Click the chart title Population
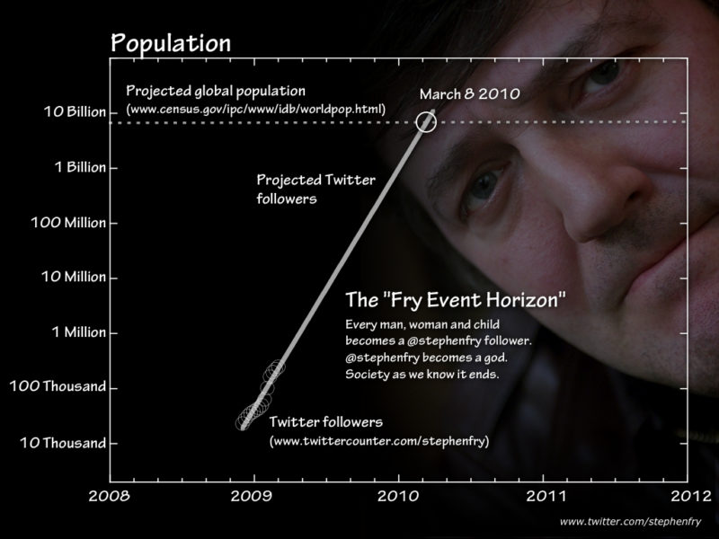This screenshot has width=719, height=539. pos(171,43)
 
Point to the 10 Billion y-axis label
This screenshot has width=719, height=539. pos(75,111)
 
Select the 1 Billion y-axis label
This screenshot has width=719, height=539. pos(80,167)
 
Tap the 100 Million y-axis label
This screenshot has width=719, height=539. pos(68,222)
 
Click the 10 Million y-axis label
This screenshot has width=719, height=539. pos(74,277)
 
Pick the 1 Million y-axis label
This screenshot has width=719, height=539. pos(79,331)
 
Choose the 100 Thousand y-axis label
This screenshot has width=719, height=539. pos(58,386)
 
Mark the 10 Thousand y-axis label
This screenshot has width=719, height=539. pos(63,443)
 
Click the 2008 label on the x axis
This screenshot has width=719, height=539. pos(109,496)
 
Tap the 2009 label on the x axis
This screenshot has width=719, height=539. pos(252,496)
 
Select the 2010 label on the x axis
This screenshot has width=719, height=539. pos(398,496)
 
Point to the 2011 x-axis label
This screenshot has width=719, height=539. pos(546,496)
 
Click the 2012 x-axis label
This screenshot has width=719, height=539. pos(691,496)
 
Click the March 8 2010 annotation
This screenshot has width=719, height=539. pos(469,94)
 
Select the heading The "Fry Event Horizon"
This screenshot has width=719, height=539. pos(456,300)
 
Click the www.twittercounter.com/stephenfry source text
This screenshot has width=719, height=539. pos(379,441)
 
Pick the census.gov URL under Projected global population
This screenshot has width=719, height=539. pos(256,110)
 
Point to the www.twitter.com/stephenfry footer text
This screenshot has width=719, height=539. pos(631,522)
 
